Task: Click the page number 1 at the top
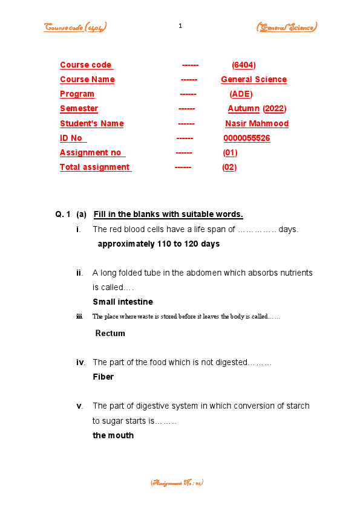coord(180,25)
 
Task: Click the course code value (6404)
coord(244,65)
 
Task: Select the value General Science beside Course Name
coord(254,80)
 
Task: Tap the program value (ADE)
coord(241,94)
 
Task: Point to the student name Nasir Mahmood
coord(257,124)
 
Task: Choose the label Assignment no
coord(90,153)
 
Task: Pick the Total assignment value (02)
coord(229,167)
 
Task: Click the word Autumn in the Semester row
coord(243,109)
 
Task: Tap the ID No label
coord(71,138)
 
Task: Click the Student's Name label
coord(91,124)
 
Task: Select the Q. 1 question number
coord(63,214)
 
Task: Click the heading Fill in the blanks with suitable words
coord(168,214)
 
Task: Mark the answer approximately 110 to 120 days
coord(159,244)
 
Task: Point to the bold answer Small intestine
coord(123,302)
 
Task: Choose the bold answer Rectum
coord(110,333)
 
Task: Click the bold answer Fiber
coord(103,377)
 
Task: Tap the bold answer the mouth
coord(113,435)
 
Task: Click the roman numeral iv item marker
coord(80,363)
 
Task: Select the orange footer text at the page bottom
coord(177,483)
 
